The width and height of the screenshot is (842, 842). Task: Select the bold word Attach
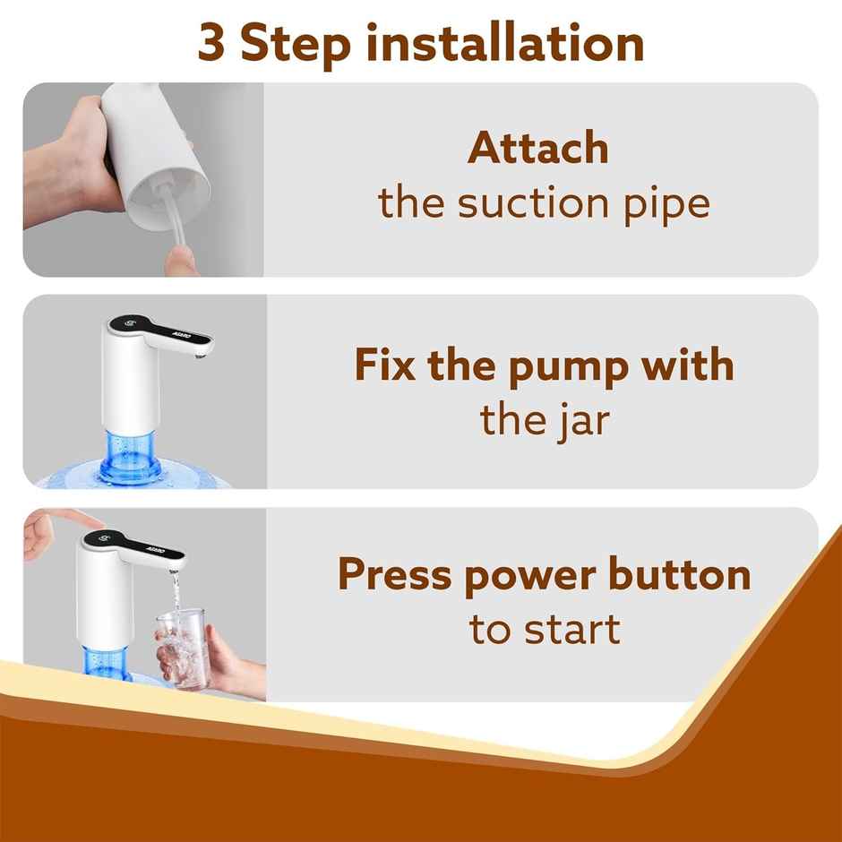(x=537, y=149)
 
